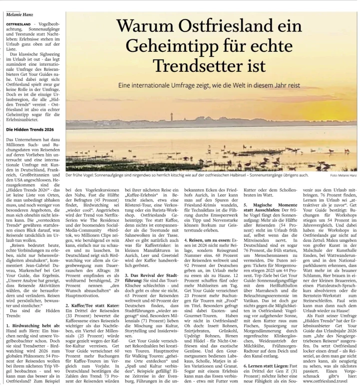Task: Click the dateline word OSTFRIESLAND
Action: point(19,24)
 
